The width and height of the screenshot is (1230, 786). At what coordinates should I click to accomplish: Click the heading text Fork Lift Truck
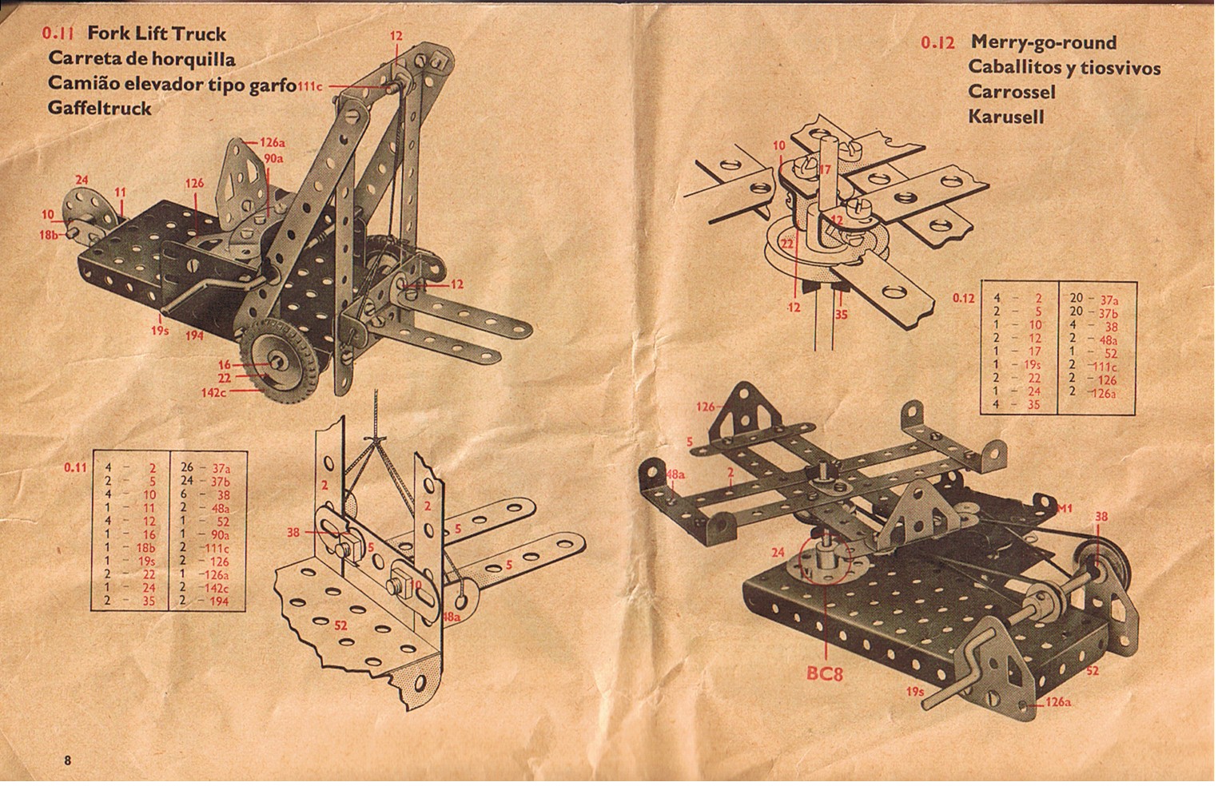[x=156, y=34]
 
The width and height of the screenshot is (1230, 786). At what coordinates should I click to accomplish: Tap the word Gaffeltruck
[x=99, y=108]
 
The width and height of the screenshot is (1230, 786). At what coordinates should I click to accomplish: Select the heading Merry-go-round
[x=1043, y=42]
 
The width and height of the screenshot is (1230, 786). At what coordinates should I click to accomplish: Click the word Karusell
[x=1005, y=117]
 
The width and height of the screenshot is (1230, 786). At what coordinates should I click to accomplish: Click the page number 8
[x=68, y=760]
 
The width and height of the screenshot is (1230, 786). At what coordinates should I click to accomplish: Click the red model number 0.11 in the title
[x=58, y=34]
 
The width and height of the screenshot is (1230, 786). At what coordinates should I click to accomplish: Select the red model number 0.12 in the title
[x=937, y=42]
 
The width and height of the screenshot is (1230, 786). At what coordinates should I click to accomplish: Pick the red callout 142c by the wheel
[x=214, y=392]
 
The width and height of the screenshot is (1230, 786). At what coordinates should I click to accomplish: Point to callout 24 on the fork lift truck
[x=82, y=180]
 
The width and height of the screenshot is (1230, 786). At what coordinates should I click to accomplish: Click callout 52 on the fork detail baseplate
[x=340, y=625]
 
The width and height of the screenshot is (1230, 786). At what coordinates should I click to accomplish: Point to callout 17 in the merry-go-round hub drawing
[x=825, y=169]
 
